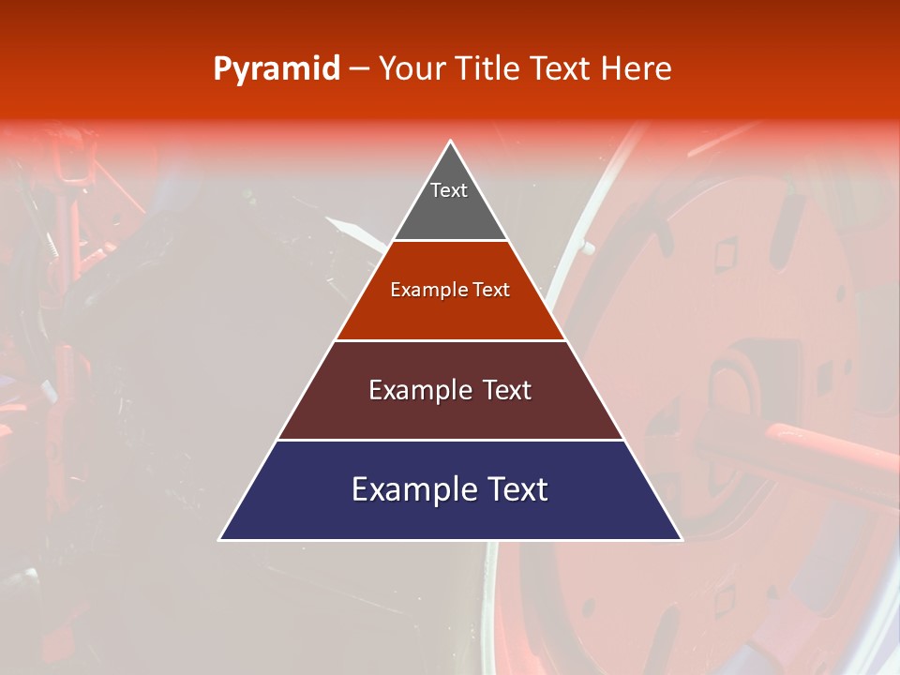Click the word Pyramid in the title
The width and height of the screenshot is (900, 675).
(277, 69)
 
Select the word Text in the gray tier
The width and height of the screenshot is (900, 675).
(449, 191)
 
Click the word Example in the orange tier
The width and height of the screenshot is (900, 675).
(426, 291)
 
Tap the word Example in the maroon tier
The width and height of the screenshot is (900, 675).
(417, 391)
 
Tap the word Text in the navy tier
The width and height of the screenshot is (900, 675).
(517, 490)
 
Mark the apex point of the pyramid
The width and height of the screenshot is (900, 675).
(451, 142)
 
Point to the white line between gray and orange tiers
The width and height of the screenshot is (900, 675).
(450, 241)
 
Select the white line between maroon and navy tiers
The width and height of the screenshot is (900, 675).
(450, 440)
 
